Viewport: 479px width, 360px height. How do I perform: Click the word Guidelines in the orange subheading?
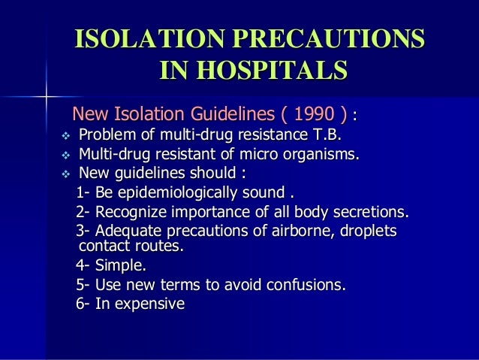click(x=220, y=115)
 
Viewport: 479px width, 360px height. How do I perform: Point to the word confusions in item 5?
click(x=309, y=285)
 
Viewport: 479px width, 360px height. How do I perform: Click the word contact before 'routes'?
click(x=103, y=246)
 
